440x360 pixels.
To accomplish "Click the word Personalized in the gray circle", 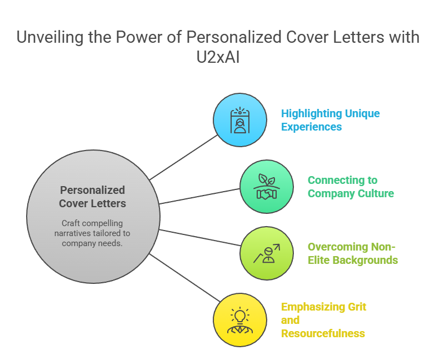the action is coord(92,190).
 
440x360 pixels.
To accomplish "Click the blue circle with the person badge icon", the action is coord(239,120).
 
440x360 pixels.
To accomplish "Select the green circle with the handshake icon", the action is coord(267,187).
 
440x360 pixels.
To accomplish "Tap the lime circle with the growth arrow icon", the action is coord(267,253).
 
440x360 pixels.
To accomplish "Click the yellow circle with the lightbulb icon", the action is coord(239,320).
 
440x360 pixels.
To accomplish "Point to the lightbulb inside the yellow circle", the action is coord(239,316).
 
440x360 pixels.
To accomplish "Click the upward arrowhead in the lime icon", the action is coord(276,247).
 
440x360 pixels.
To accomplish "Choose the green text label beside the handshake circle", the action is coord(347,188).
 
